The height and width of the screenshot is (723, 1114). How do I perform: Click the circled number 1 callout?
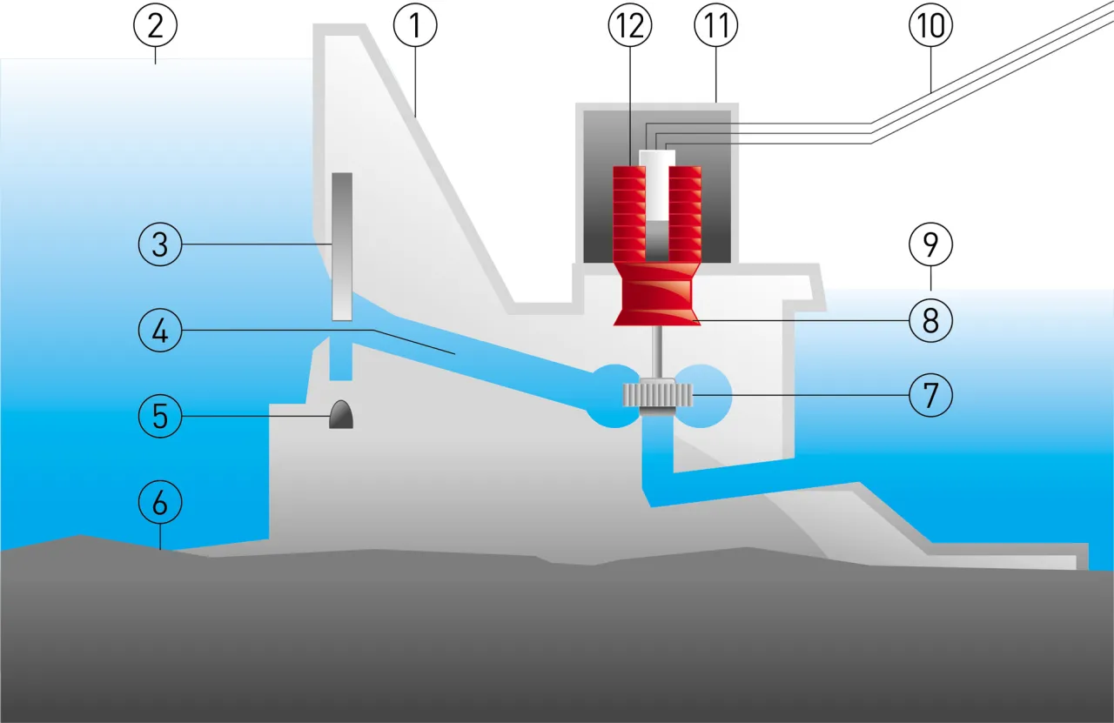pyautogui.click(x=415, y=26)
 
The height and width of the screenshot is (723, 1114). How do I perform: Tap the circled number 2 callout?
pyautogui.click(x=156, y=26)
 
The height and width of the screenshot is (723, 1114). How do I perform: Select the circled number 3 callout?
pyautogui.click(x=160, y=244)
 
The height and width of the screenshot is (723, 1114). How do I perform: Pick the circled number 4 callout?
pyautogui.click(x=160, y=331)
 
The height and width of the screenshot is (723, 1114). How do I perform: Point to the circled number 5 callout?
pyautogui.click(x=160, y=416)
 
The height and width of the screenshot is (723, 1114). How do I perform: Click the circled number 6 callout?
pyautogui.click(x=160, y=503)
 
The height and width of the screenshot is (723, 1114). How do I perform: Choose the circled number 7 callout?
pyautogui.click(x=931, y=396)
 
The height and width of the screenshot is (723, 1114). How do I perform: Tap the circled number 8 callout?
pyautogui.click(x=931, y=321)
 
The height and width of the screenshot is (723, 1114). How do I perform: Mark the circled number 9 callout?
pyautogui.click(x=931, y=245)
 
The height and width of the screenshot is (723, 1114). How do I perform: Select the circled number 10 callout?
pyautogui.click(x=931, y=26)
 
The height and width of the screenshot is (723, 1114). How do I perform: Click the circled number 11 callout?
pyautogui.click(x=715, y=26)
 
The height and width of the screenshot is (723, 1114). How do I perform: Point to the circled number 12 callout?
pyautogui.click(x=630, y=26)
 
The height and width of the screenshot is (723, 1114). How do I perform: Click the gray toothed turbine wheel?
pyautogui.click(x=657, y=396)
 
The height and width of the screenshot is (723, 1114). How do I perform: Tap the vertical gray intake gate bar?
pyautogui.click(x=342, y=245)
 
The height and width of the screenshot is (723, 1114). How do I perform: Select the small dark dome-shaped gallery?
pyautogui.click(x=340, y=415)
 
